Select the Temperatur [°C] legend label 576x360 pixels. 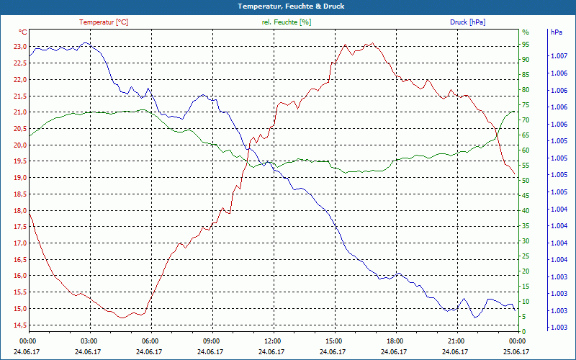point(104,22)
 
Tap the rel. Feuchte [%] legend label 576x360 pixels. point(287,22)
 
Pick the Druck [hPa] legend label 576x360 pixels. point(467,22)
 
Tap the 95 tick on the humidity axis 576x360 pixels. point(526,44)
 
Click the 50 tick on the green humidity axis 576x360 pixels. point(526,180)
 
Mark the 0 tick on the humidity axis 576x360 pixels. point(523,331)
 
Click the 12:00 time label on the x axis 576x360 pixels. point(273,341)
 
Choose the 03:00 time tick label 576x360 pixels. point(89,341)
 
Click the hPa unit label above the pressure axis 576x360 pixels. point(557,32)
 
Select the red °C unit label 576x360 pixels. point(22,32)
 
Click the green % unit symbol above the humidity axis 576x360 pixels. point(525,32)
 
